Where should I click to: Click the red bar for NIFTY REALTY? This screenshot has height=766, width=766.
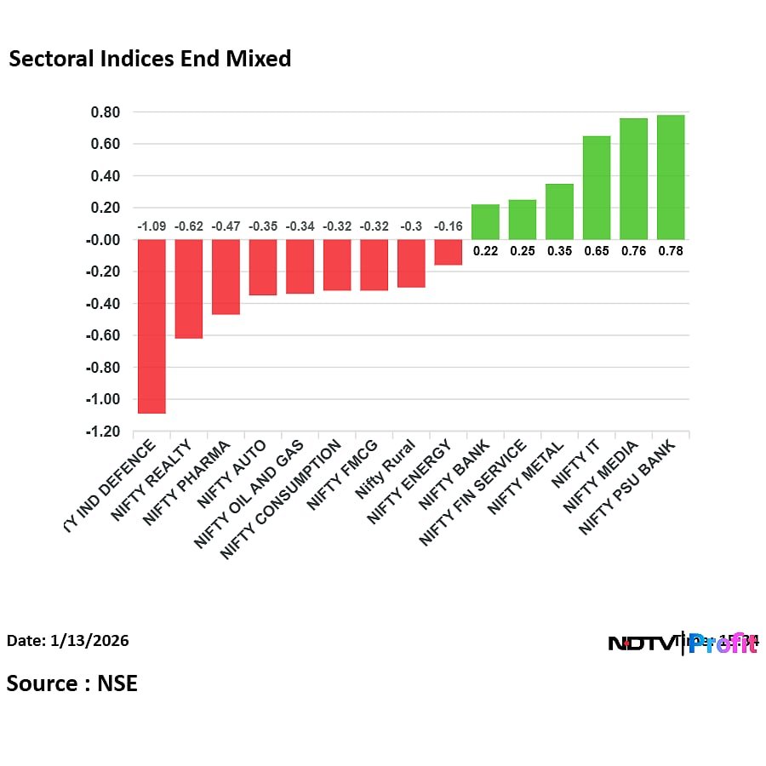(x=189, y=289)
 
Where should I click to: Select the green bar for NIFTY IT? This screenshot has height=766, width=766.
(x=597, y=187)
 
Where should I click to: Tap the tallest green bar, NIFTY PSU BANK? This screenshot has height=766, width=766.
(x=671, y=177)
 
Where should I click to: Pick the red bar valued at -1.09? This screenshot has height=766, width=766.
(x=151, y=326)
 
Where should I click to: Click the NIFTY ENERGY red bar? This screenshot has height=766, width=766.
(x=449, y=252)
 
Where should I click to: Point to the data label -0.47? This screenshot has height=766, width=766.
(x=226, y=226)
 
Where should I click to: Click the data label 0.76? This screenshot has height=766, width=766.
(x=633, y=251)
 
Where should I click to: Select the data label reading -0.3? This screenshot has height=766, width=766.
(x=411, y=226)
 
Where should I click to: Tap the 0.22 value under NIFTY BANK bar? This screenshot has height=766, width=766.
(x=485, y=251)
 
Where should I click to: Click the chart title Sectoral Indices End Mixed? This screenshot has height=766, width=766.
(x=150, y=59)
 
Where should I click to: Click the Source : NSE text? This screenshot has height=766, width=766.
(x=72, y=683)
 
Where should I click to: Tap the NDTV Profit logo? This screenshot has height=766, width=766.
(x=683, y=643)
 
